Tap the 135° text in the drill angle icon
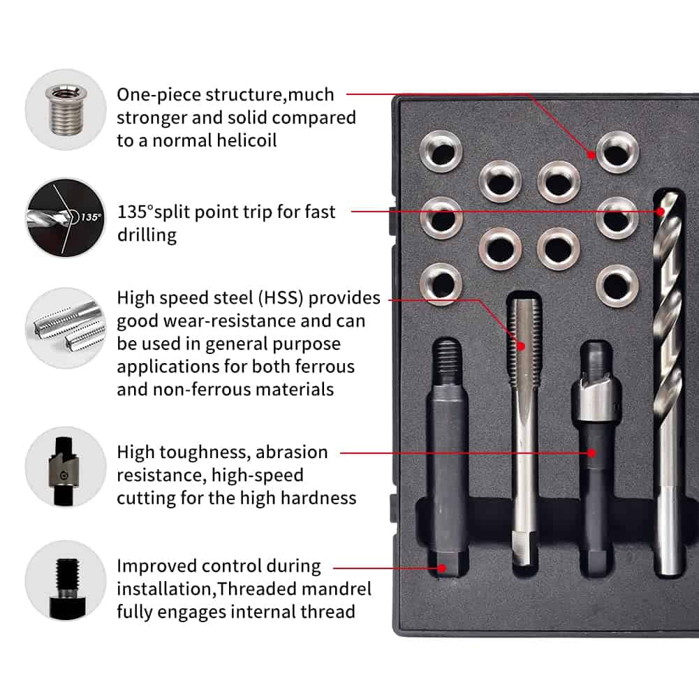(x=91, y=217)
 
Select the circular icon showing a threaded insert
(x=66, y=110)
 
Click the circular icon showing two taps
(x=66, y=328)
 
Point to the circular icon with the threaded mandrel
(x=66, y=581)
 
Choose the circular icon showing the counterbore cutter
(x=66, y=466)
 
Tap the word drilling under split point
(x=147, y=235)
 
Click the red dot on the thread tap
(x=521, y=346)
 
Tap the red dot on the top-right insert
(x=591, y=155)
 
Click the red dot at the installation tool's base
(x=441, y=568)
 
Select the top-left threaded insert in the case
(x=441, y=151)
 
